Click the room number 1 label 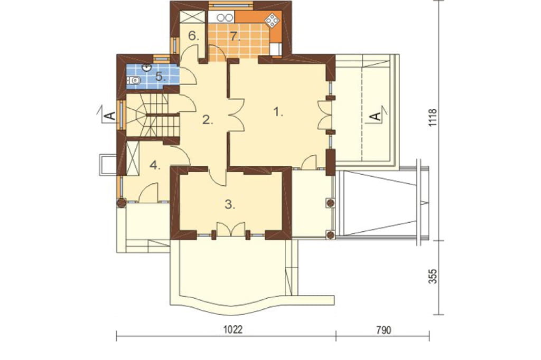(x=278, y=112)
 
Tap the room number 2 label (x=207, y=120)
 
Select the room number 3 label (x=230, y=204)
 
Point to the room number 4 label (x=155, y=166)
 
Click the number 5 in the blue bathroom (x=160, y=76)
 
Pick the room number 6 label (x=193, y=36)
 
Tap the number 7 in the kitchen (x=235, y=36)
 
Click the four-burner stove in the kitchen (x=272, y=21)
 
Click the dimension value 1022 (x=233, y=329)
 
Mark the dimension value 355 (x=433, y=276)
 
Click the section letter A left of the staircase (x=110, y=116)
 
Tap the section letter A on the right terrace (x=376, y=116)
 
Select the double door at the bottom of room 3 (x=230, y=229)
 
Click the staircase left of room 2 (x=152, y=115)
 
